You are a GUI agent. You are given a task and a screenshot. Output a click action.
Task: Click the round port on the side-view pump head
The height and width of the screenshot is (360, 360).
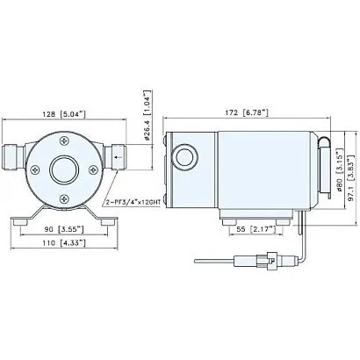188,159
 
